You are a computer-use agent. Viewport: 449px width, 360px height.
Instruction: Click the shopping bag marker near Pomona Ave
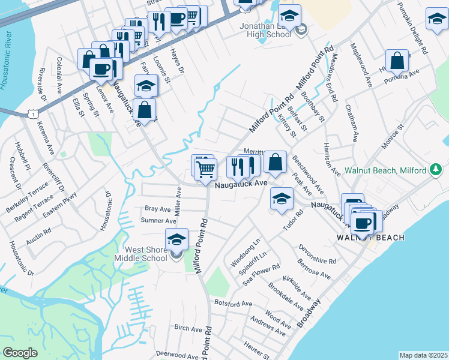click(x=397, y=61)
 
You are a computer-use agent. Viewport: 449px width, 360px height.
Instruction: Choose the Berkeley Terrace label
click(x=25, y=193)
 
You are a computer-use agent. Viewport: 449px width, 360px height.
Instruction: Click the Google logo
click(x=20, y=353)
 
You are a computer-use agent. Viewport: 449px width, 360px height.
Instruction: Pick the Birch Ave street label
click(x=188, y=329)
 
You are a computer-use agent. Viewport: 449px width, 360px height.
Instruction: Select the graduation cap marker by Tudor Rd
click(x=281, y=200)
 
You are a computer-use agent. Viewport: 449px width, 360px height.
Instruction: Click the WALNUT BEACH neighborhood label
click(x=370, y=238)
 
